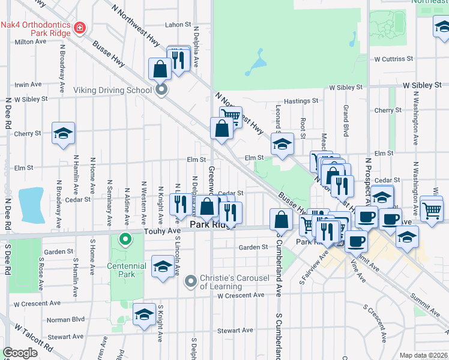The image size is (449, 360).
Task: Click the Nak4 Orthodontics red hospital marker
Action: [79, 28]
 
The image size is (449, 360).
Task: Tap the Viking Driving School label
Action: [112, 91]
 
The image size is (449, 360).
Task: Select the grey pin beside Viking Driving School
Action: [161, 91]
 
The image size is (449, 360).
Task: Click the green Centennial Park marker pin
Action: [125, 240]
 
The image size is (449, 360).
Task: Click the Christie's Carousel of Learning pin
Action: [191, 280]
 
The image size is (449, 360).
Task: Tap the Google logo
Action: [20, 353]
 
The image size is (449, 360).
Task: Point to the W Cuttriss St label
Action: [393, 59]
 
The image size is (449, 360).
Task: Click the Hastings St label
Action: [300, 101]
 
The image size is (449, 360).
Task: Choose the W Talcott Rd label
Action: [34, 339]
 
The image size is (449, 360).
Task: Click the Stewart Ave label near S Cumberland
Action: [235, 330]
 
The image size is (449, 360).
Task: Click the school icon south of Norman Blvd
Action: [144, 314]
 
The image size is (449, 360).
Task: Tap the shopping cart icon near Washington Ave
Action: [432, 209]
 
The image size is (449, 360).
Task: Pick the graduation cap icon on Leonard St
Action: [282, 143]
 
